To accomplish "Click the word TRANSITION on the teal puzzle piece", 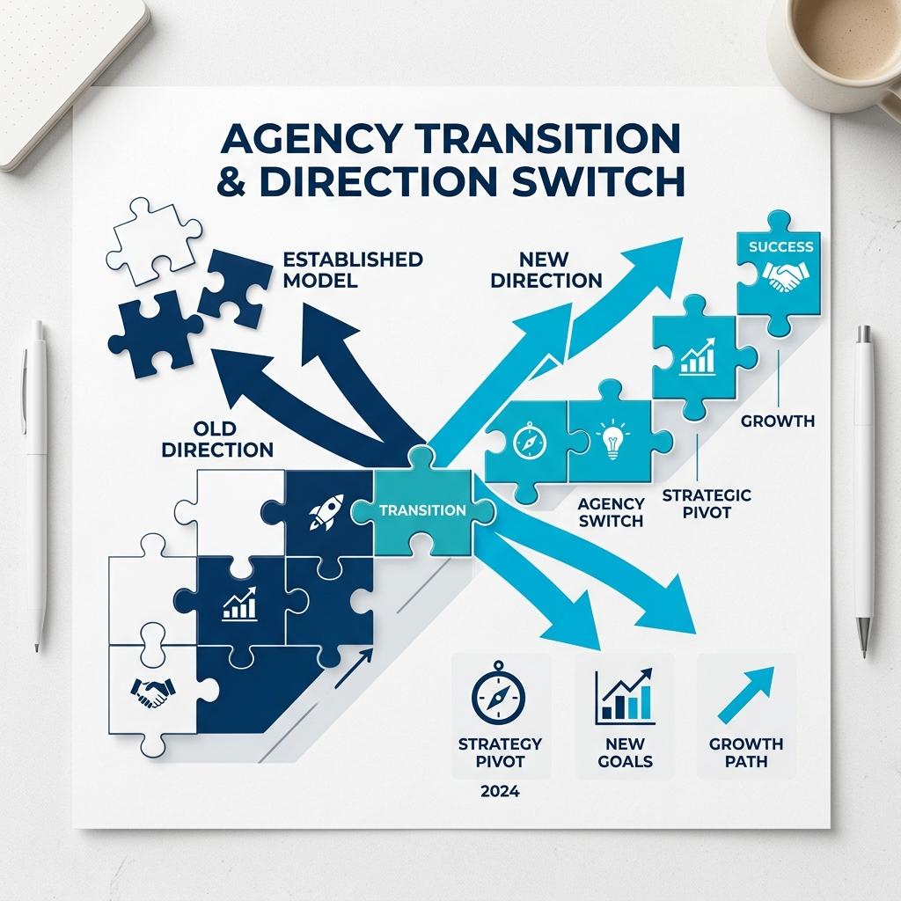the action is (422, 510).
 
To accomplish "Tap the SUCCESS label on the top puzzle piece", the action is (781, 246).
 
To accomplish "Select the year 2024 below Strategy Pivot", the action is (500, 791).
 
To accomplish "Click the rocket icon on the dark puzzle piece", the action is (326, 511).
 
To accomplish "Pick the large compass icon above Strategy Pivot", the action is (498, 695).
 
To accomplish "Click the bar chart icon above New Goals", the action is (624, 696).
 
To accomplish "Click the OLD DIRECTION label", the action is (217, 439).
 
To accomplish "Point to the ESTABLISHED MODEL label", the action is (353, 269).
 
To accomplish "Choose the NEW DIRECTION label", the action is (546, 269).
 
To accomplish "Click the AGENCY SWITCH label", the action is (611, 512).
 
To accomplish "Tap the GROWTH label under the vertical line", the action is (778, 421).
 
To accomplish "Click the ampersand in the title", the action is (231, 180).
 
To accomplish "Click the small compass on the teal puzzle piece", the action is (529, 441).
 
